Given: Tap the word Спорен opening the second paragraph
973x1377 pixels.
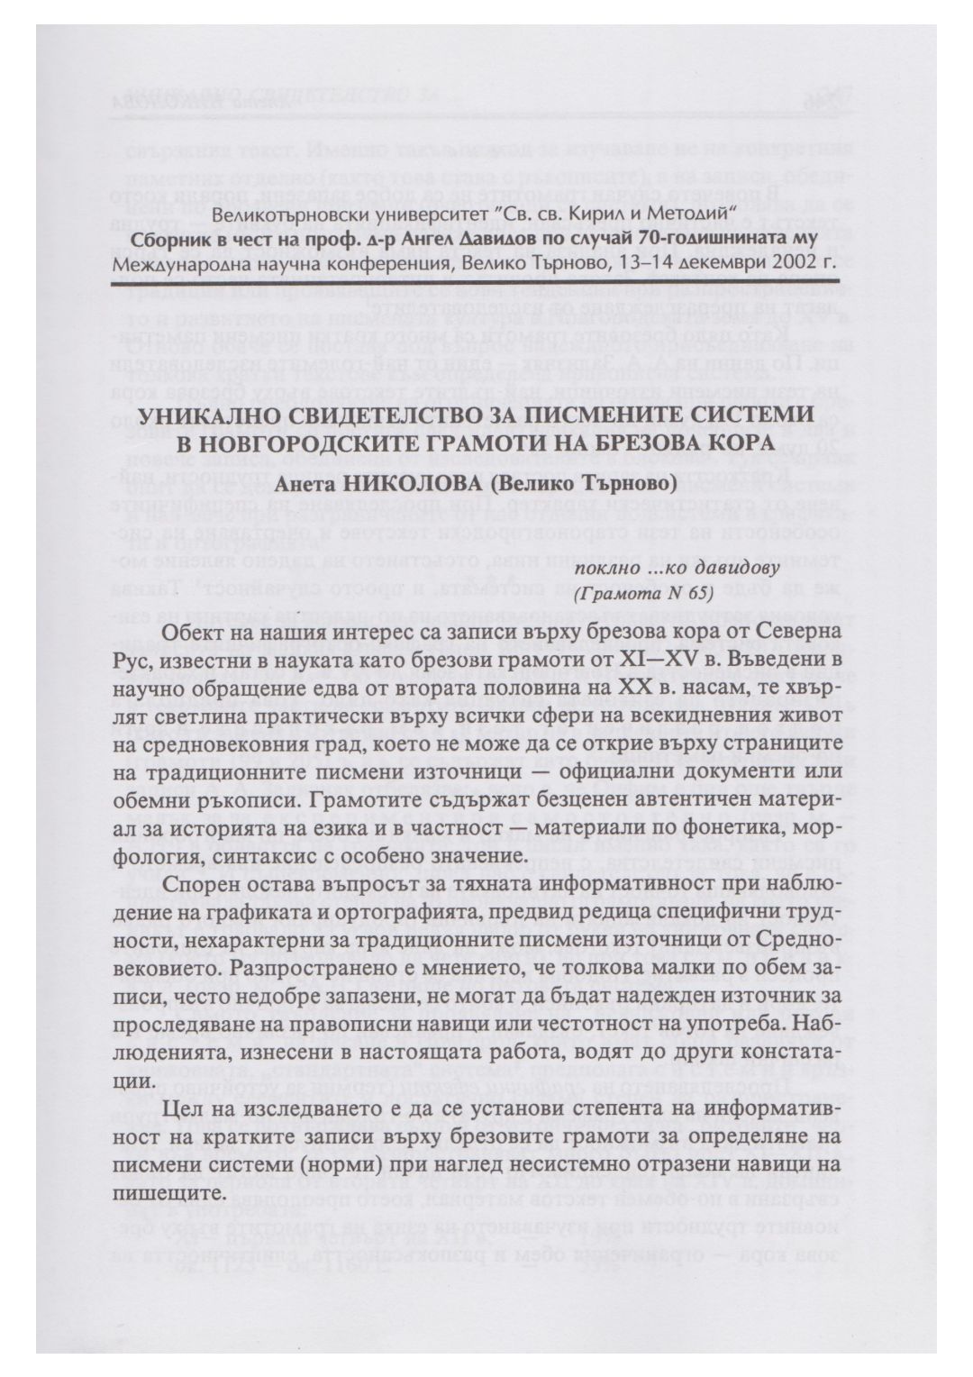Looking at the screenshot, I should [x=202, y=884].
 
